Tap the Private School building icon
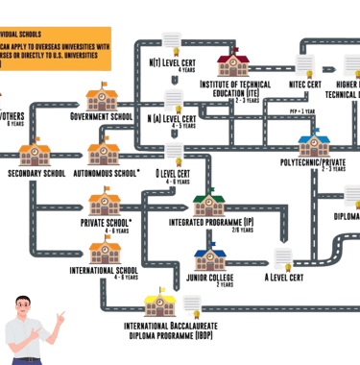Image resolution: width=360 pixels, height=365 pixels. [101, 204]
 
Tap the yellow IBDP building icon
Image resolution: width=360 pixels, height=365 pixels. [156, 305]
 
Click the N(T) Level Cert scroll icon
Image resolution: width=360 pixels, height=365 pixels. [173, 43]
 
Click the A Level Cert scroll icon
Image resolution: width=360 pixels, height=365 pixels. [284, 258]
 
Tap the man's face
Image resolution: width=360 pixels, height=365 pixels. [28, 308]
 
